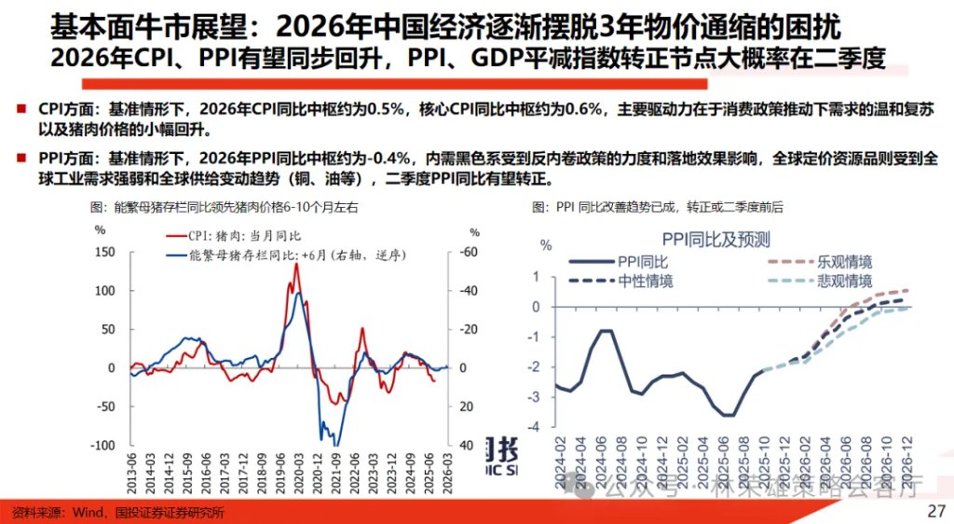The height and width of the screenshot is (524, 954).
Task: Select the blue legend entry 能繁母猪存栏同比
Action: (279, 255)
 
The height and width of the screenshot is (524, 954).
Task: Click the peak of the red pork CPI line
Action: (296, 264)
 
